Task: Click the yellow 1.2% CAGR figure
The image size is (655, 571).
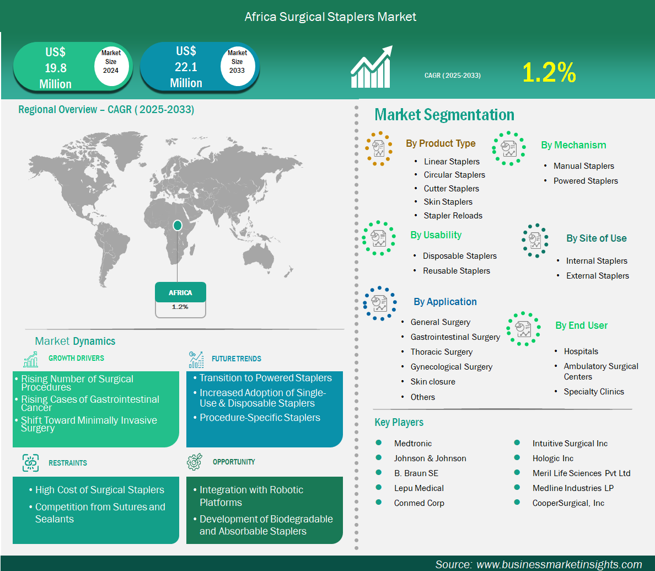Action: click(549, 72)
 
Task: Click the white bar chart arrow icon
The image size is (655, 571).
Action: click(372, 66)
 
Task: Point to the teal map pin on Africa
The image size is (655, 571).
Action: click(178, 225)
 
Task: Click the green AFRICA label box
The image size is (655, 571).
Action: click(180, 292)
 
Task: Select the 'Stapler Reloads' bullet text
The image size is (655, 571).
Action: click(453, 216)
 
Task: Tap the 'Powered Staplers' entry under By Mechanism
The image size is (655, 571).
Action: click(586, 181)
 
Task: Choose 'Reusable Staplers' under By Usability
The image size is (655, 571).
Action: click(456, 271)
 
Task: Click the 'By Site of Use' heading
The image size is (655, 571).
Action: click(597, 238)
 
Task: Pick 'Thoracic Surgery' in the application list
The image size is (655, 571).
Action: click(442, 352)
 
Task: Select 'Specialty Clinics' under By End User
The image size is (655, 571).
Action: click(594, 392)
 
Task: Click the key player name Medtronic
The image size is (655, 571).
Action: click(413, 444)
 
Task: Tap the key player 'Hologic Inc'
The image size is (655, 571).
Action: click(552, 458)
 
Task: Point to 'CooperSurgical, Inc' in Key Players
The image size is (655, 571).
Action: click(568, 503)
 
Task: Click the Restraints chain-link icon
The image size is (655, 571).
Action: click(30, 463)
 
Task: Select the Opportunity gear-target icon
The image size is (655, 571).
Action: click(195, 461)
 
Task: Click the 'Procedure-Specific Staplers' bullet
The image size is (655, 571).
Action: click(260, 418)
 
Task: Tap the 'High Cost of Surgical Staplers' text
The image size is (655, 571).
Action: click(99, 490)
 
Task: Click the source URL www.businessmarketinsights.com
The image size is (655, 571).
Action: click(559, 564)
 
